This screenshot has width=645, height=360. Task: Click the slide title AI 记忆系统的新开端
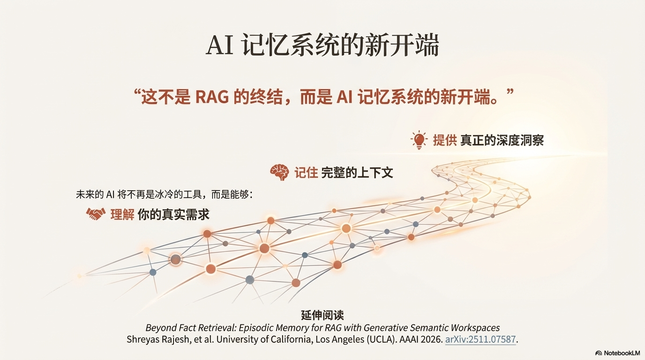tap(322, 46)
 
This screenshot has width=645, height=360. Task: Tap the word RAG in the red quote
tap(211, 97)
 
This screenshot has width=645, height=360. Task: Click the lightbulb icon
tap(419, 140)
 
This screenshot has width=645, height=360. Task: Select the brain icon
tap(280, 172)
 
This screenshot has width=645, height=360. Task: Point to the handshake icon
tap(96, 214)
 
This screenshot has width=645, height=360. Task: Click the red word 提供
tap(444, 140)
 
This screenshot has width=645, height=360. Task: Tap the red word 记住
tap(306, 172)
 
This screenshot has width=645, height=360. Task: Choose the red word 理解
tap(122, 215)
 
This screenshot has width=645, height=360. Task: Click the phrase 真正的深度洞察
tap(502, 140)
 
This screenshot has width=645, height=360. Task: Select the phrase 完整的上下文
tap(357, 172)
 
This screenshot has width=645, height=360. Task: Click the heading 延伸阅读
tap(322, 315)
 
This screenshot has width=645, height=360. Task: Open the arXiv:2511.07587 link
tap(480, 339)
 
